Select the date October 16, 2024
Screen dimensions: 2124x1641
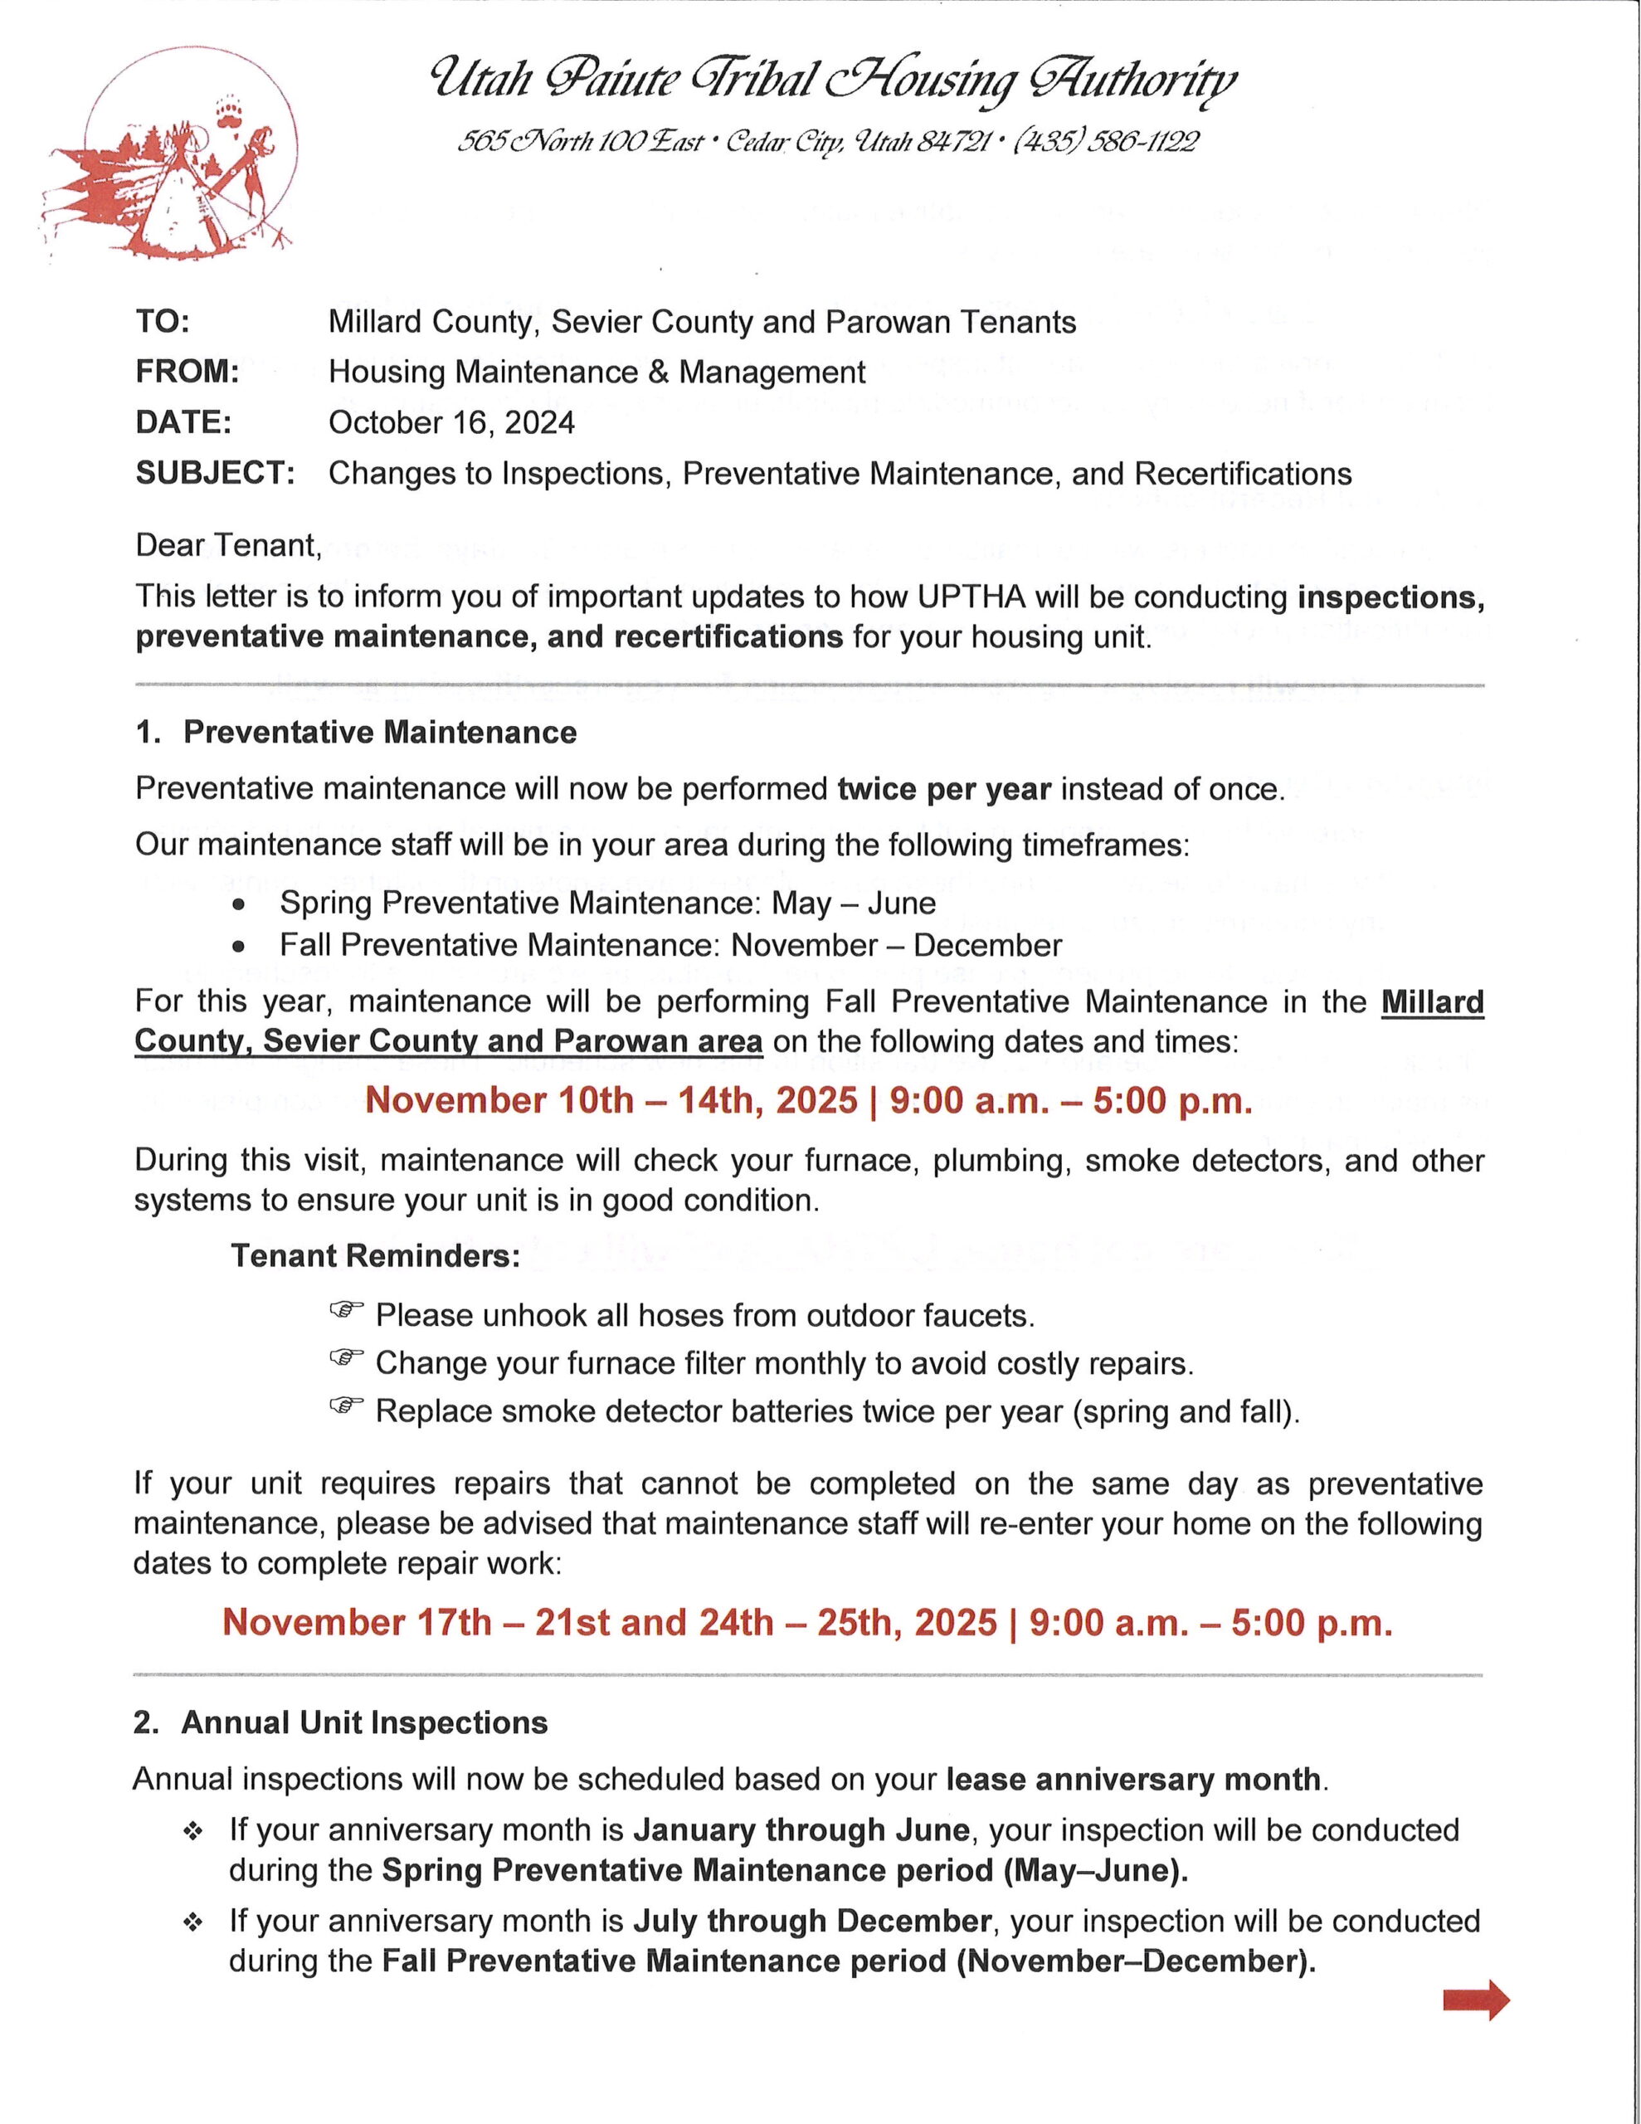pos(451,422)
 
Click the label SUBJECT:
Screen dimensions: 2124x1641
pos(215,474)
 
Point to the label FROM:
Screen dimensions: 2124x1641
pos(187,372)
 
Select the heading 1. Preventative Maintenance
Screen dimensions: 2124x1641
pos(356,733)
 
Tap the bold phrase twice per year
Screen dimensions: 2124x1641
pos(943,789)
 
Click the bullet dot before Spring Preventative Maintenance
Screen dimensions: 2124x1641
pos(238,904)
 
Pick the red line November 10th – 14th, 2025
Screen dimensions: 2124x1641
pos(808,1101)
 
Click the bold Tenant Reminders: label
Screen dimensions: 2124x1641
pos(376,1255)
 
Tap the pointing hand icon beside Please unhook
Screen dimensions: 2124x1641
pos(346,1311)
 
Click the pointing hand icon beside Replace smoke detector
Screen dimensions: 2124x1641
pos(346,1406)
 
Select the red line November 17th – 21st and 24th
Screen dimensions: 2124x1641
pos(806,1622)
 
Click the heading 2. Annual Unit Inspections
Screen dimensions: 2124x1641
pos(340,1722)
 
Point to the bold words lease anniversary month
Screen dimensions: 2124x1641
pos(1133,1780)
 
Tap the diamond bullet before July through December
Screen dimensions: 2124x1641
pos(193,1922)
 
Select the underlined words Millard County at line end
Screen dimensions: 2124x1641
pos(1432,1001)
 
